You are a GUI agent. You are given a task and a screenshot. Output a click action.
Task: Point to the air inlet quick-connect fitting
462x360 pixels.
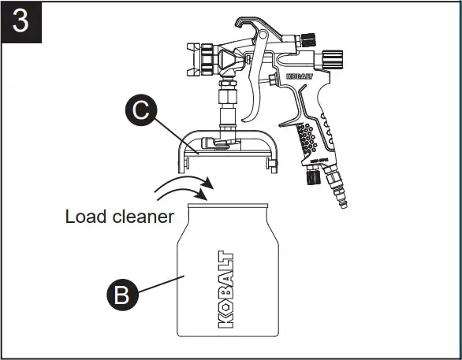(341, 196)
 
